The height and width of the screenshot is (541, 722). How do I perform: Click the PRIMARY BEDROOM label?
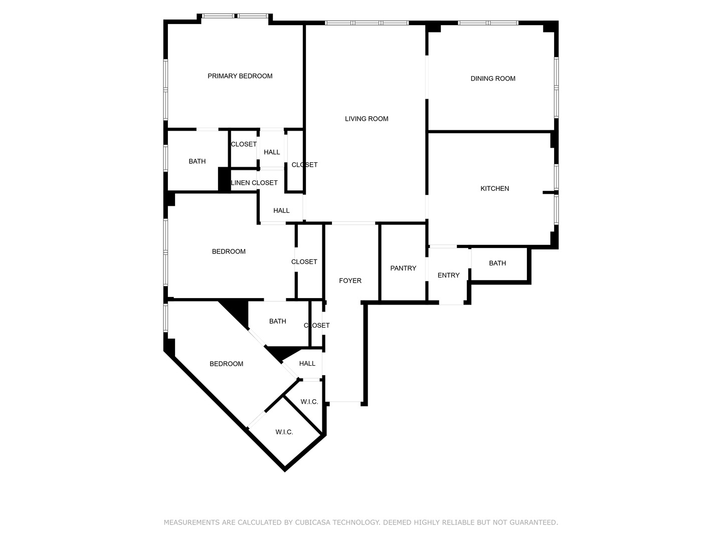[240, 76]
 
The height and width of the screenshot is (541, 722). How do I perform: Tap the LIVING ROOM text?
[367, 119]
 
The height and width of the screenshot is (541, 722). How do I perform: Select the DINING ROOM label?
[493, 79]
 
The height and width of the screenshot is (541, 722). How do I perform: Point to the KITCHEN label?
[494, 188]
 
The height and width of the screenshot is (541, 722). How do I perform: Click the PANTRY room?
[403, 268]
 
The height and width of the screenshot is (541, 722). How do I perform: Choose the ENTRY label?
[448, 275]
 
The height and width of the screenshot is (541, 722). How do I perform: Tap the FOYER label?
[350, 281]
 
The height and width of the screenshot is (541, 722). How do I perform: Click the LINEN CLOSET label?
[254, 183]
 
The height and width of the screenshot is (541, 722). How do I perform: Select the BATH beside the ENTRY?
[497, 263]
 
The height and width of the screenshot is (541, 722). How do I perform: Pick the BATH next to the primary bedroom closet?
[197, 161]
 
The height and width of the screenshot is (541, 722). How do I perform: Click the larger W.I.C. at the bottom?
[284, 432]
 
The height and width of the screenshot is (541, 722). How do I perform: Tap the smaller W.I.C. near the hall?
[309, 402]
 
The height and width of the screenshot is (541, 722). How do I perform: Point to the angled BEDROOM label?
[226, 364]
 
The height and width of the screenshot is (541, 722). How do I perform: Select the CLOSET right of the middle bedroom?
[304, 261]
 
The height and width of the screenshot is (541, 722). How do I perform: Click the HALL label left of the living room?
[281, 210]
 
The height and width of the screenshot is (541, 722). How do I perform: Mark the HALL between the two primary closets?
[272, 152]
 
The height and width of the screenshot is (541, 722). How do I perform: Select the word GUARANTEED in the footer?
[533, 522]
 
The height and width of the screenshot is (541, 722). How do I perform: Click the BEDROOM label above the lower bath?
[229, 251]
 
